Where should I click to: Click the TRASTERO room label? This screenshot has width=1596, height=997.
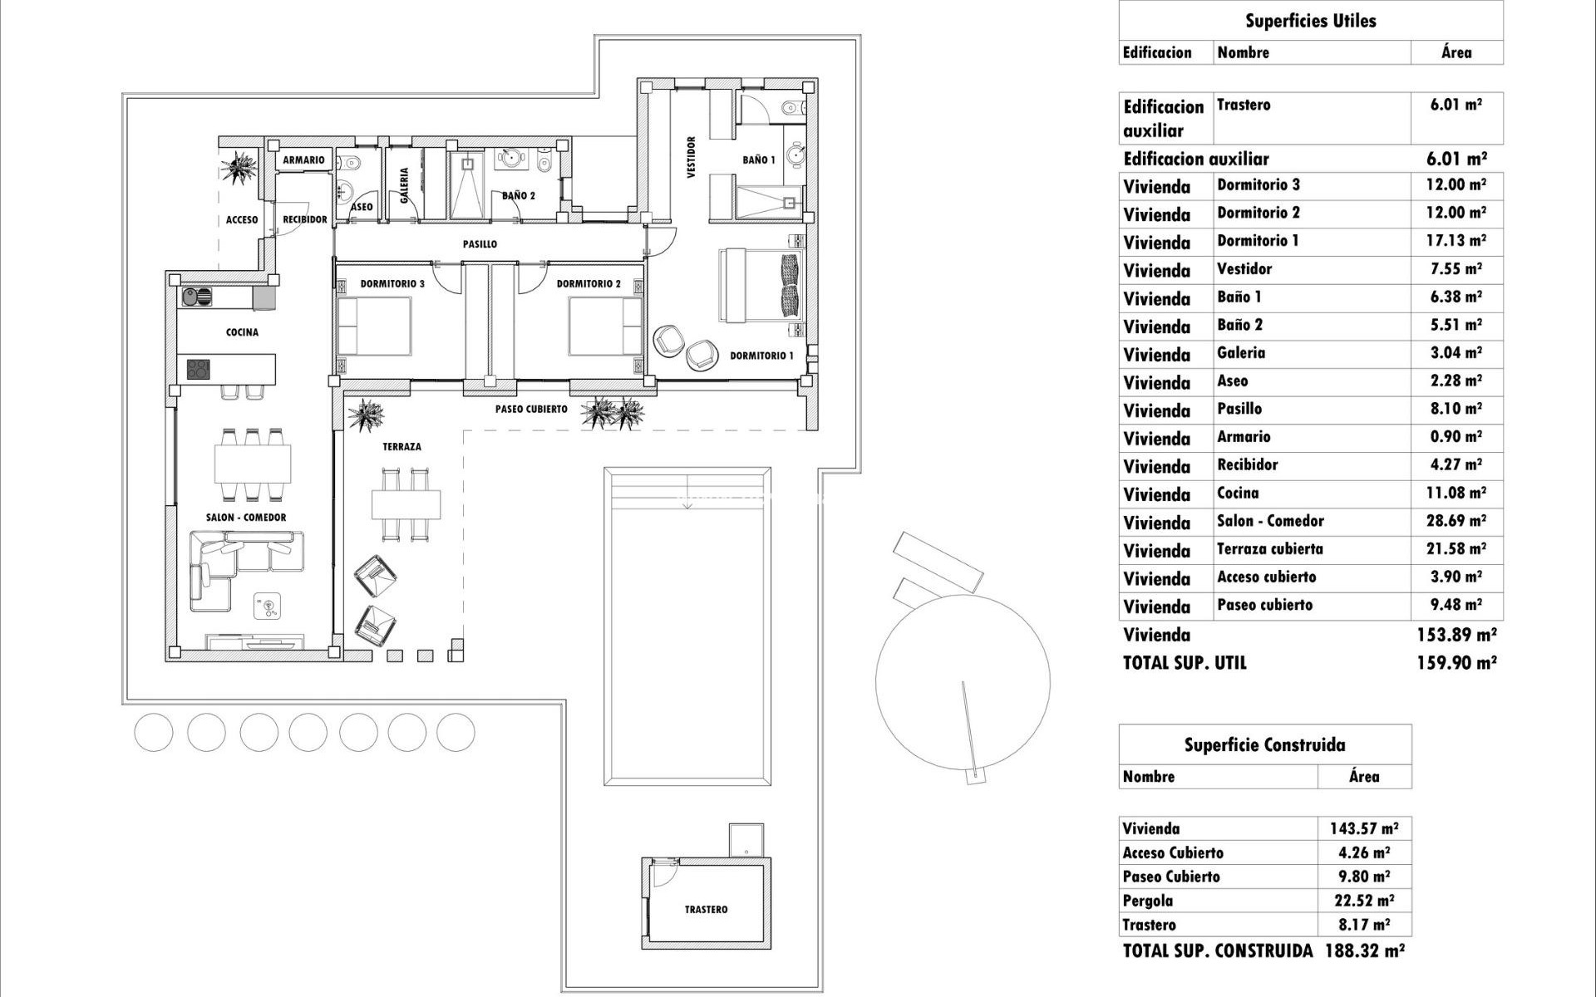click(x=706, y=910)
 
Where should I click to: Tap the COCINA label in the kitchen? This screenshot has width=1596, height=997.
click(x=242, y=332)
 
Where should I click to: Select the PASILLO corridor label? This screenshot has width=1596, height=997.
click(x=480, y=244)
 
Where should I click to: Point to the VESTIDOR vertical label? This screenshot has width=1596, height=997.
click(x=691, y=158)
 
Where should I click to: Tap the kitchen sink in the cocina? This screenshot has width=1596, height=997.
click(x=197, y=297)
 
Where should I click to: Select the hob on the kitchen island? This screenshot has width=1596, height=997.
click(x=198, y=369)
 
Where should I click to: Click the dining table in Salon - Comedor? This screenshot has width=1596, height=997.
click(x=253, y=464)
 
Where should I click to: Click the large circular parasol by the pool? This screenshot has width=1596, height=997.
click(x=963, y=682)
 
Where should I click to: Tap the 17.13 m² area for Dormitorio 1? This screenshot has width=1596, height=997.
click(x=1456, y=241)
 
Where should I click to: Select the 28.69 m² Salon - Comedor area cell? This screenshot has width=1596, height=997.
click(x=1456, y=521)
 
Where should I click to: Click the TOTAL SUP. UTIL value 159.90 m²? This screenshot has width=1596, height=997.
click(x=1456, y=663)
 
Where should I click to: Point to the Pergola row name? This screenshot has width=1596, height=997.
click(x=1148, y=901)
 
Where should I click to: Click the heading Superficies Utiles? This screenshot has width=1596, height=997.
click(x=1310, y=21)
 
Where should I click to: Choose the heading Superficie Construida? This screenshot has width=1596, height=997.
click(x=1264, y=745)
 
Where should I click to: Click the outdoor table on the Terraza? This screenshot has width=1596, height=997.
click(x=406, y=503)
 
